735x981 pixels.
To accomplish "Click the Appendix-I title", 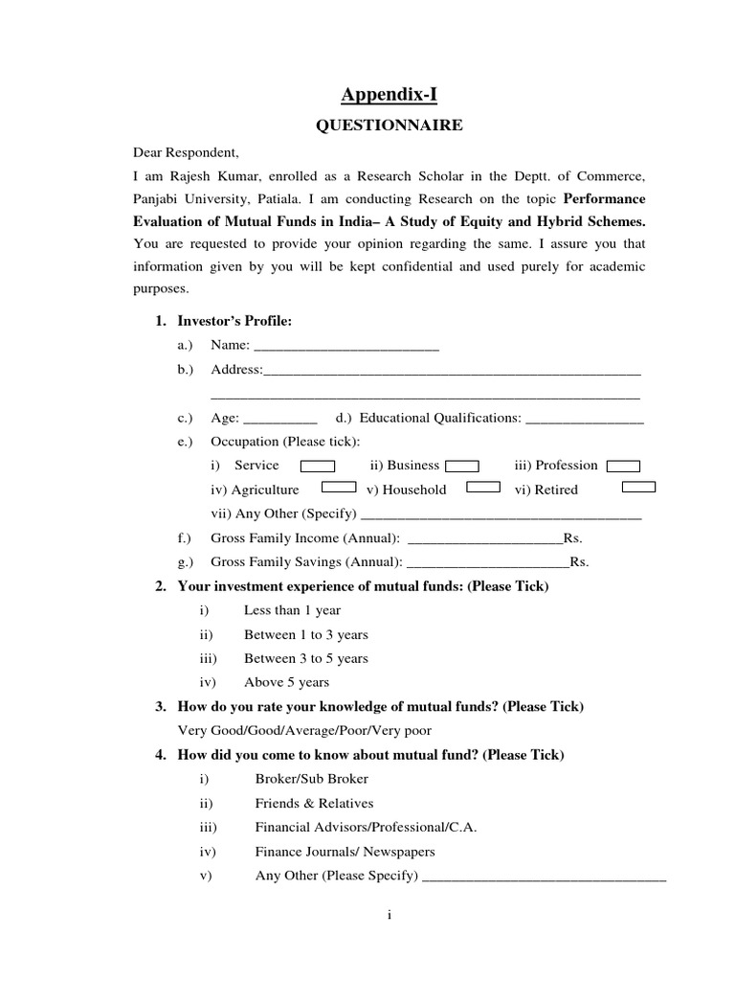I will coord(390,94).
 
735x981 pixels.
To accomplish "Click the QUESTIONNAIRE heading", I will coord(390,125).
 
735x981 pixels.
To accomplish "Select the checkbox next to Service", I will coord(318,467).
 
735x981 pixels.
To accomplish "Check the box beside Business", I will coord(462,467).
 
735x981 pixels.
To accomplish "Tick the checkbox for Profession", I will coord(624,467).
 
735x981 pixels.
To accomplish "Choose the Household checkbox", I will coord(482,488).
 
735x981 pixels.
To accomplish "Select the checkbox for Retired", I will coord(638,488).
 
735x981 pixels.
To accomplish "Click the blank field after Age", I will coord(280,419).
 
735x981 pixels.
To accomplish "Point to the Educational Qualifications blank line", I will coord(585,419).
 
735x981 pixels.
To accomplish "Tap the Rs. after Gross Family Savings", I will coord(579,562).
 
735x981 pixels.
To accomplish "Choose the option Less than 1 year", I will coord(292,610).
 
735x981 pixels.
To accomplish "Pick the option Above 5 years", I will coord(286,682).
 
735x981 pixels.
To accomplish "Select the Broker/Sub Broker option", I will coord(311,779).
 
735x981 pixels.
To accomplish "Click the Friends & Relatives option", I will coord(314,803).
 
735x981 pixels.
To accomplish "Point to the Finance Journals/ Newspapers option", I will coord(345,851).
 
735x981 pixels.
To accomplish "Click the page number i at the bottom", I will coord(390,915).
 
